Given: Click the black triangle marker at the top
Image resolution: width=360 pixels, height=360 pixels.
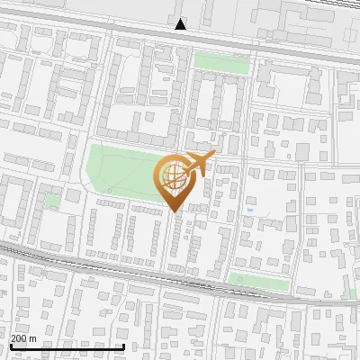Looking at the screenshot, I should tap(181, 24).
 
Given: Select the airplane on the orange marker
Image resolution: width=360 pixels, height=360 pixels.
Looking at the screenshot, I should tap(200, 163).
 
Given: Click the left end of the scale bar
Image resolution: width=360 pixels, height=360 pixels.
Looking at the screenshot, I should tap(10, 346).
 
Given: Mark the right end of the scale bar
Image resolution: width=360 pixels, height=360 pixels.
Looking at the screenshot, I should tap(123, 346).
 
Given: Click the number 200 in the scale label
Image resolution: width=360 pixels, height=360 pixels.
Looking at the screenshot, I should tap(20, 338).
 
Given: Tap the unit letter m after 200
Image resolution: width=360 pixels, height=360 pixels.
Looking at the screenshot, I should tap(33, 338).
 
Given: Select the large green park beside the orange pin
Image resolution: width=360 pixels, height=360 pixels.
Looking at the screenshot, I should tap(121, 171).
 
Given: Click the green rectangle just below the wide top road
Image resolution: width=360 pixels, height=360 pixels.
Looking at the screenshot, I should tap(221, 62).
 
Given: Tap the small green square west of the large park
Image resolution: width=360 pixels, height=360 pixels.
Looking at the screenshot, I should tap(53, 201).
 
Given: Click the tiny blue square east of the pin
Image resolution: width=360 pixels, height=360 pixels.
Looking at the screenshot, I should tap(249, 210).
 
